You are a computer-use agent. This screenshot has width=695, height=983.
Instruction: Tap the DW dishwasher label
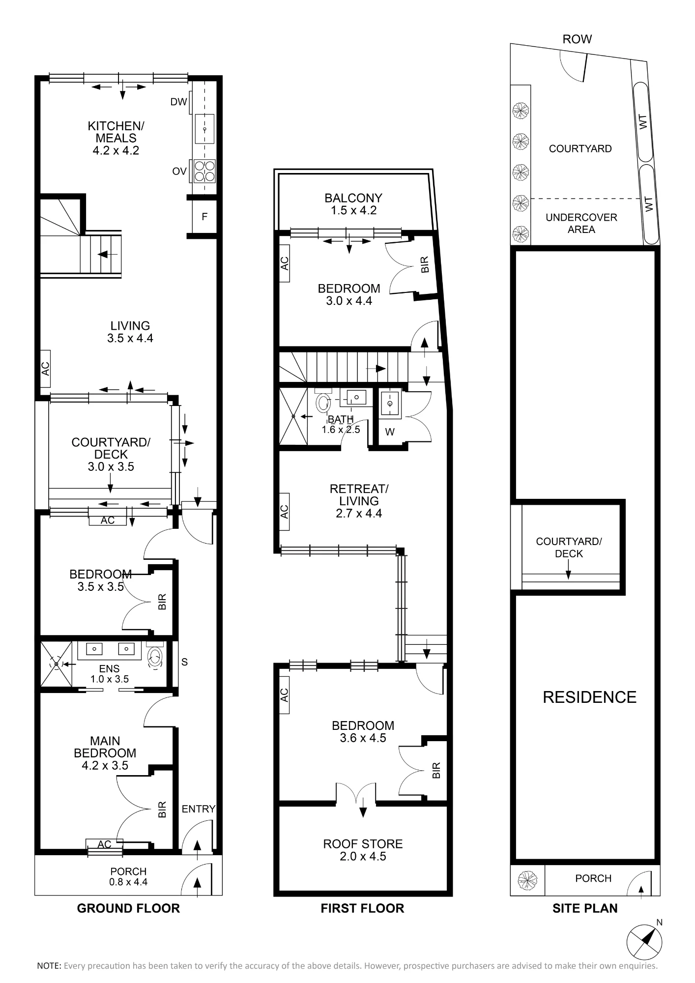coord(179,102)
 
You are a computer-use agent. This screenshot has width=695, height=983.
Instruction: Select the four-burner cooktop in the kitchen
coord(204,171)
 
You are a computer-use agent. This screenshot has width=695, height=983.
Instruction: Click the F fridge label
coord(204,216)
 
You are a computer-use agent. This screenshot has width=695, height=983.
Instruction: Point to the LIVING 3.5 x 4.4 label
coord(130,332)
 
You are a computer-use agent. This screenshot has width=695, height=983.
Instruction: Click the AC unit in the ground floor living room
coord(45,369)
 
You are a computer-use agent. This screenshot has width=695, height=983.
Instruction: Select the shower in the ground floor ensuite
coord(56,664)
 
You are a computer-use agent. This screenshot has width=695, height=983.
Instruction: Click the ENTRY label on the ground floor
coord(199,809)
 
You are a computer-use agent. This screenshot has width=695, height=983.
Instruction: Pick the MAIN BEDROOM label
coord(105,753)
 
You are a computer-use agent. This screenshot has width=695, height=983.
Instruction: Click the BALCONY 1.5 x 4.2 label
coord(353,204)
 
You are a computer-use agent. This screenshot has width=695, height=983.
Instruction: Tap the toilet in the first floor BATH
coord(323,402)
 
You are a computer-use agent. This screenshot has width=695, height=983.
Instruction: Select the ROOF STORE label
coord(363,850)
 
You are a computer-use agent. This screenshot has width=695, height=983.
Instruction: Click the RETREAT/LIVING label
coord(359,501)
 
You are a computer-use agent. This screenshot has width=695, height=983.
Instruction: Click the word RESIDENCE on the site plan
coord(589,697)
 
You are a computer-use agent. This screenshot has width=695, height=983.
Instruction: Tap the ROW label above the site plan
coord(577,39)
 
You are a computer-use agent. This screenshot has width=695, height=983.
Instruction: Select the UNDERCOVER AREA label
coord(581,223)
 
